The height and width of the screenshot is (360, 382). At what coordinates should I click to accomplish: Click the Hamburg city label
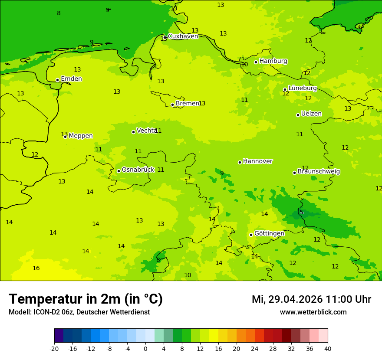pyautogui.click(x=273, y=61)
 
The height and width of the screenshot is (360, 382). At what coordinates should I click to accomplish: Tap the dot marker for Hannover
pyautogui.click(x=240, y=162)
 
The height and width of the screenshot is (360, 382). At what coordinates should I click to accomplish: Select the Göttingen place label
pyautogui.click(x=269, y=233)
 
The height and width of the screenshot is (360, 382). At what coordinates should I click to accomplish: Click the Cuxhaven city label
pyautogui.click(x=183, y=36)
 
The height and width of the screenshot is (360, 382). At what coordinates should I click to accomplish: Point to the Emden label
pyautogui.click(x=71, y=79)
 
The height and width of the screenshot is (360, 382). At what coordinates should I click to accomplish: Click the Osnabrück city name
pyautogui.click(x=138, y=170)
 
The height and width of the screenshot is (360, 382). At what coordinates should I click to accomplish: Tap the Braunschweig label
pyautogui.click(x=319, y=172)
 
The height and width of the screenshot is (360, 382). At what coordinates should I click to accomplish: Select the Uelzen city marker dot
pyautogui.click(x=298, y=115)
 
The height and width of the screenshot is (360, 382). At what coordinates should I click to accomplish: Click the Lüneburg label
pyautogui.click(x=303, y=88)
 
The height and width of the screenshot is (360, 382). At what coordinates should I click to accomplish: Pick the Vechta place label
pyautogui.click(x=146, y=131)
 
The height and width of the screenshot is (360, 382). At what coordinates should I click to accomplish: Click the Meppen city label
pyautogui.click(x=81, y=136)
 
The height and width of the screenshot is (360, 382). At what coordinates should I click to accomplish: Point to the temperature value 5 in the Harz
pyautogui.click(x=301, y=212)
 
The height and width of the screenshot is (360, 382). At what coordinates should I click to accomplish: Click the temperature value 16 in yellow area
pyautogui.click(x=36, y=268)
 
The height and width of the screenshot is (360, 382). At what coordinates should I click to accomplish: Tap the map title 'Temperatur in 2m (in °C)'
pyautogui.click(x=86, y=299)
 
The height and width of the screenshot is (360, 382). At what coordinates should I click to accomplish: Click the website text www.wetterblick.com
pyautogui.click(x=313, y=312)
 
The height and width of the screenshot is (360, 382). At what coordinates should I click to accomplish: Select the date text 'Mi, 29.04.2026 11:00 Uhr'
pyautogui.click(x=311, y=299)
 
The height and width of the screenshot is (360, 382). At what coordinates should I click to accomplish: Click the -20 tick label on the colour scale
pyautogui.click(x=54, y=348)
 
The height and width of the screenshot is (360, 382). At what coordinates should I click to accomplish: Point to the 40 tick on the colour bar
pyautogui.click(x=328, y=348)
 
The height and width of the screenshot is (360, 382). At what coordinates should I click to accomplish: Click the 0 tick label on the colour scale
pyautogui.click(x=145, y=348)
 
